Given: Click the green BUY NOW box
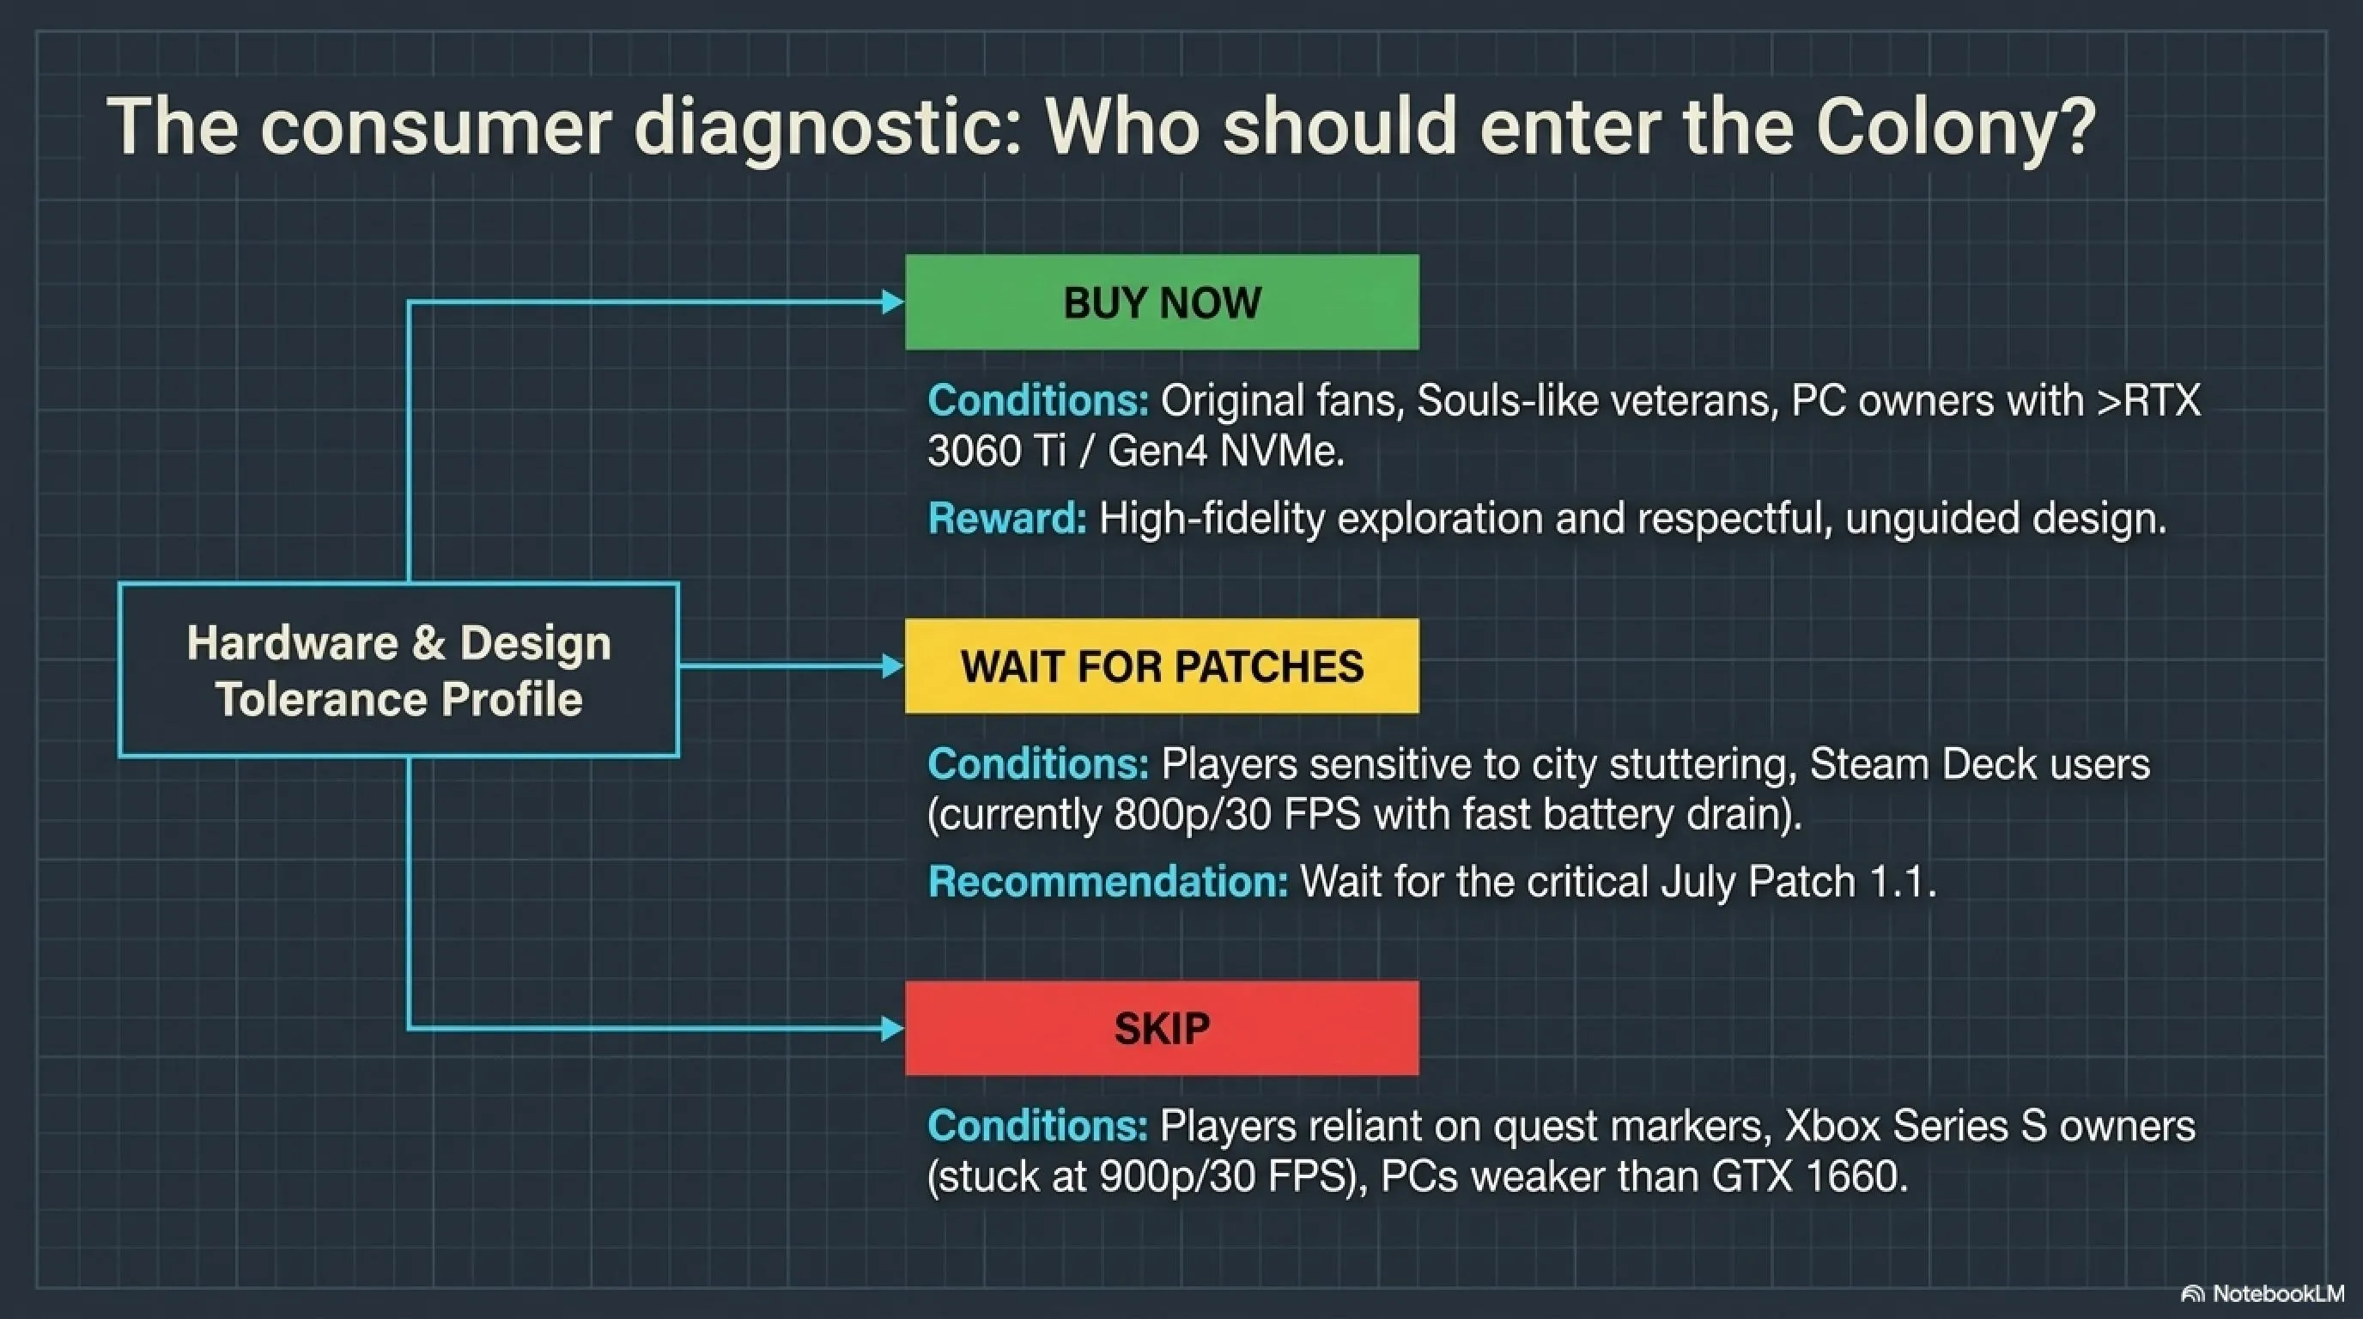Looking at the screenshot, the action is tap(1161, 301).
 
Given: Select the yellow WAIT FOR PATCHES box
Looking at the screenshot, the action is tap(1161, 666).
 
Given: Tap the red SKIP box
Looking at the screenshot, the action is tap(1161, 1028).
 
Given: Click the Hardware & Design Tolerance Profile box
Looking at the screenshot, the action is tap(399, 670).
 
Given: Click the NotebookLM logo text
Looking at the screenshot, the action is tap(2278, 1293).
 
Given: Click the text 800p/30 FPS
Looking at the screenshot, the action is tap(1237, 815).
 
